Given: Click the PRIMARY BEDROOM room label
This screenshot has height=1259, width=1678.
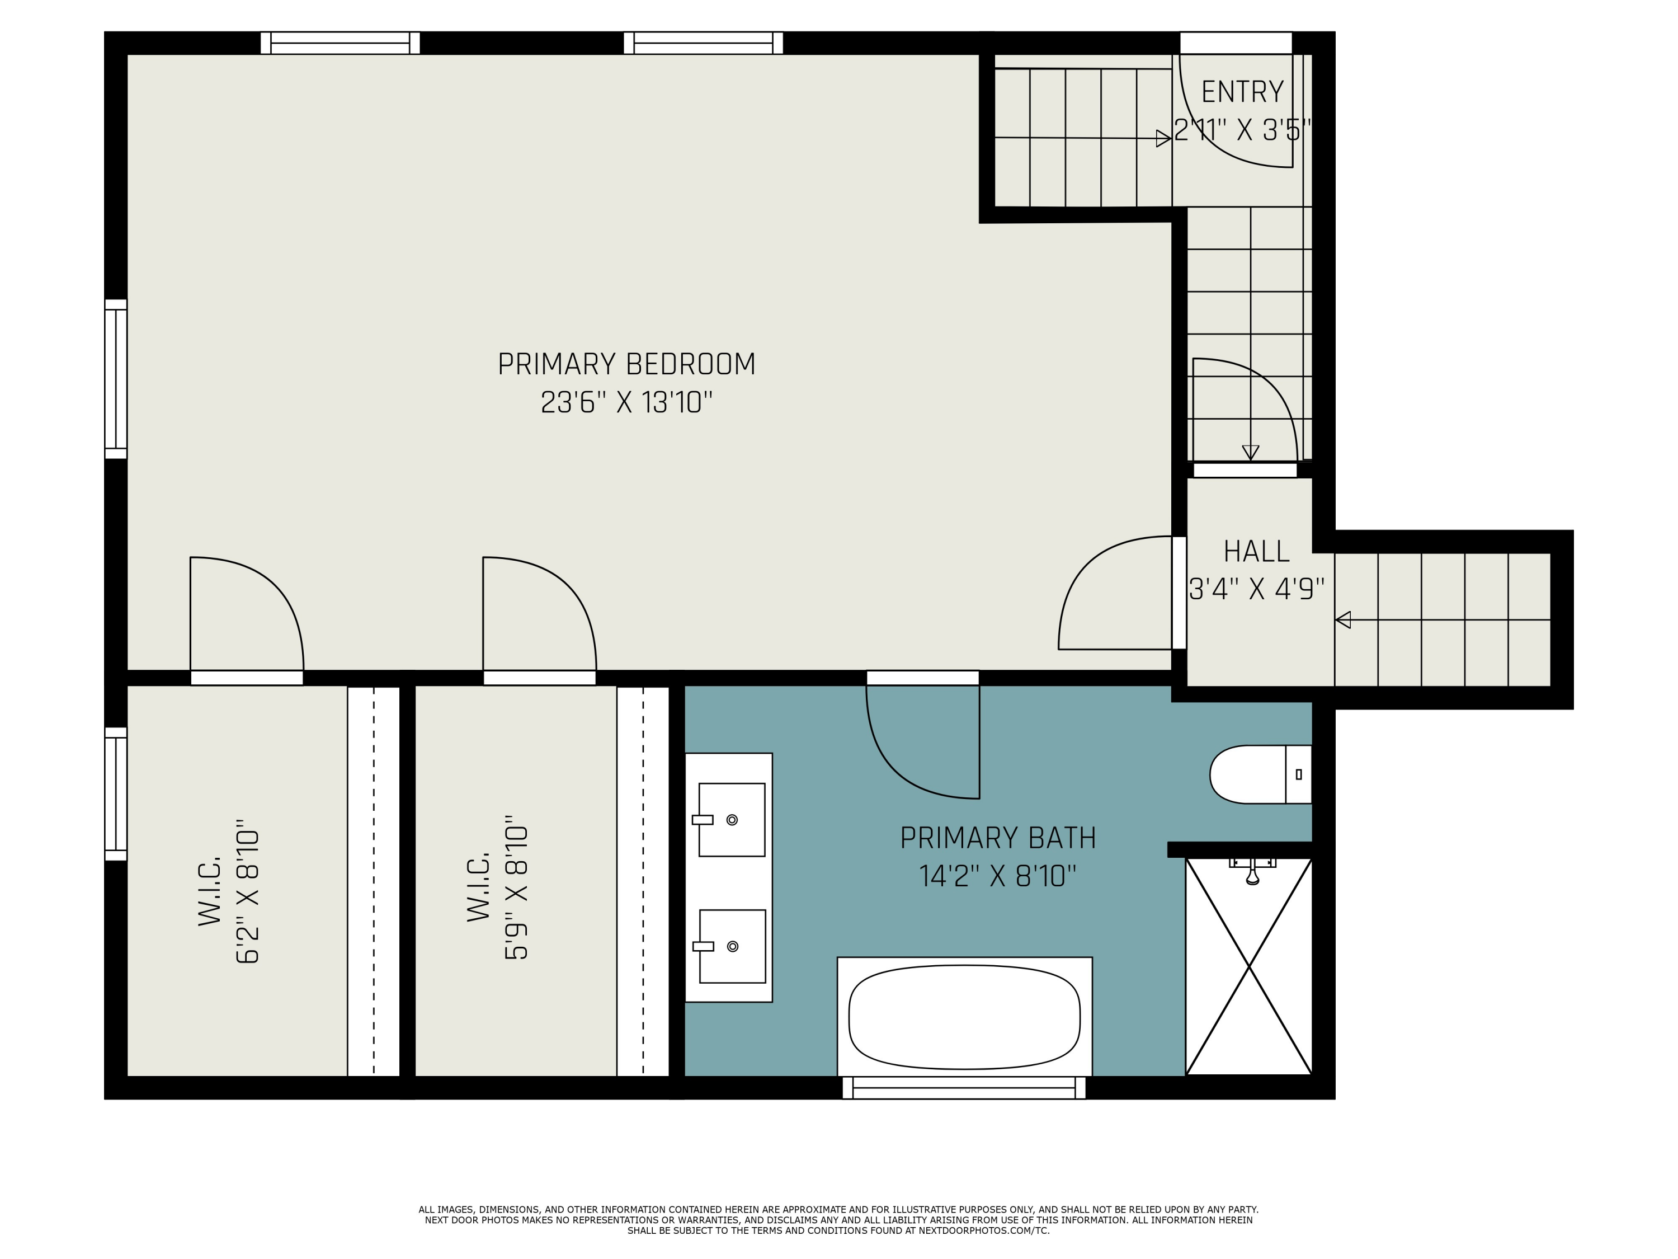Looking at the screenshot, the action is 626,364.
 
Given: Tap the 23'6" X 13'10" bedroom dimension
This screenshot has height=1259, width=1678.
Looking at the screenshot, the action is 626,402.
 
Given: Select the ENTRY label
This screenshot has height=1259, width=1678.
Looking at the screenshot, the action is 1243,92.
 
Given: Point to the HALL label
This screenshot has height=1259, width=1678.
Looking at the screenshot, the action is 1256,551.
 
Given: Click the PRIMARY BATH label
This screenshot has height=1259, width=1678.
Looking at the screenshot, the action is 997,838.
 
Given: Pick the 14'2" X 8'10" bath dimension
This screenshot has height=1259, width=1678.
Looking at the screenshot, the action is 997,876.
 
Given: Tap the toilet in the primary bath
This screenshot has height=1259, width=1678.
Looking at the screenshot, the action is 1261,774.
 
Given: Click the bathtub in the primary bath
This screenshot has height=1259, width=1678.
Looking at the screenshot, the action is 964,1017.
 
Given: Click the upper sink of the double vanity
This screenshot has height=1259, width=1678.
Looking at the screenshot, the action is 731,820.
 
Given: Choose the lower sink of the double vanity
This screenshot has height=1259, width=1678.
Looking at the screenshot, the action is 731,946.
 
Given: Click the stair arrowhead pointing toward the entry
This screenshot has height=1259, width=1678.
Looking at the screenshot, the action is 1163,138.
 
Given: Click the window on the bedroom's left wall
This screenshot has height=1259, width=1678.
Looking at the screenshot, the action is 115,379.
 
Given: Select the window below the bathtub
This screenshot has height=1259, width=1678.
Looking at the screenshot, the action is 964,1087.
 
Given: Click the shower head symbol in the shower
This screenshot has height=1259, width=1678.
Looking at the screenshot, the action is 1252,873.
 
